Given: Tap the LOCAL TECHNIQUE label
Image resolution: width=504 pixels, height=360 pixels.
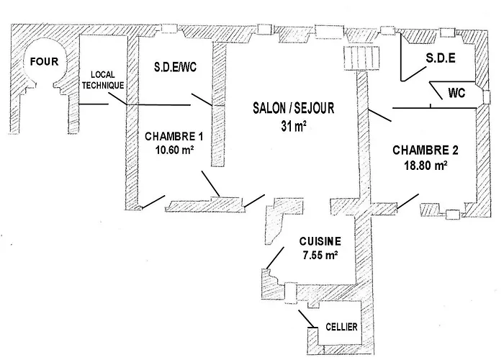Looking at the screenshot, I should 104,79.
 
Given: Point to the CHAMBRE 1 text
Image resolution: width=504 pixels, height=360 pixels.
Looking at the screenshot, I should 171,136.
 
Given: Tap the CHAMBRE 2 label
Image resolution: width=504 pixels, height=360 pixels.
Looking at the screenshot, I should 425,150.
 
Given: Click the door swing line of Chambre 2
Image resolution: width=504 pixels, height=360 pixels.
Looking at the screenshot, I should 408,202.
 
